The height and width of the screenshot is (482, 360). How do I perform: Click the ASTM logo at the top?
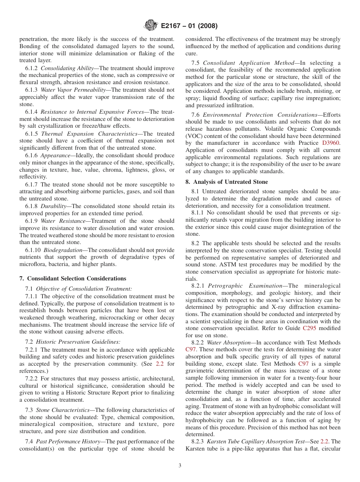[x=151, y=26]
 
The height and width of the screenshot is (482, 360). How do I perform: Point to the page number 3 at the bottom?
[x=180, y=466]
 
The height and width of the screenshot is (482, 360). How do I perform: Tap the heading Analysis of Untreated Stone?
[x=227, y=182]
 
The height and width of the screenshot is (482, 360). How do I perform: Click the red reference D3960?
[x=332, y=143]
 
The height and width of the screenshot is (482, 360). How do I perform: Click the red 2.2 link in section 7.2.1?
[x=160, y=364]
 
